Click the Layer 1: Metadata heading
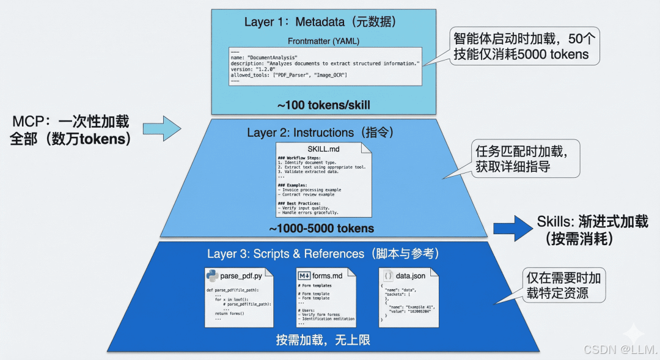click(320, 22)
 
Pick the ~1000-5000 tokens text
click(322, 229)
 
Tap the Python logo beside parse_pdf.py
click(213, 276)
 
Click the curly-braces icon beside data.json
click(388, 276)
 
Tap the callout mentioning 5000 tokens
click(524, 46)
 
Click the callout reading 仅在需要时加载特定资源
click(563, 285)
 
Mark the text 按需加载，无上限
click(323, 340)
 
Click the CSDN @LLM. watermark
click(620, 350)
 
